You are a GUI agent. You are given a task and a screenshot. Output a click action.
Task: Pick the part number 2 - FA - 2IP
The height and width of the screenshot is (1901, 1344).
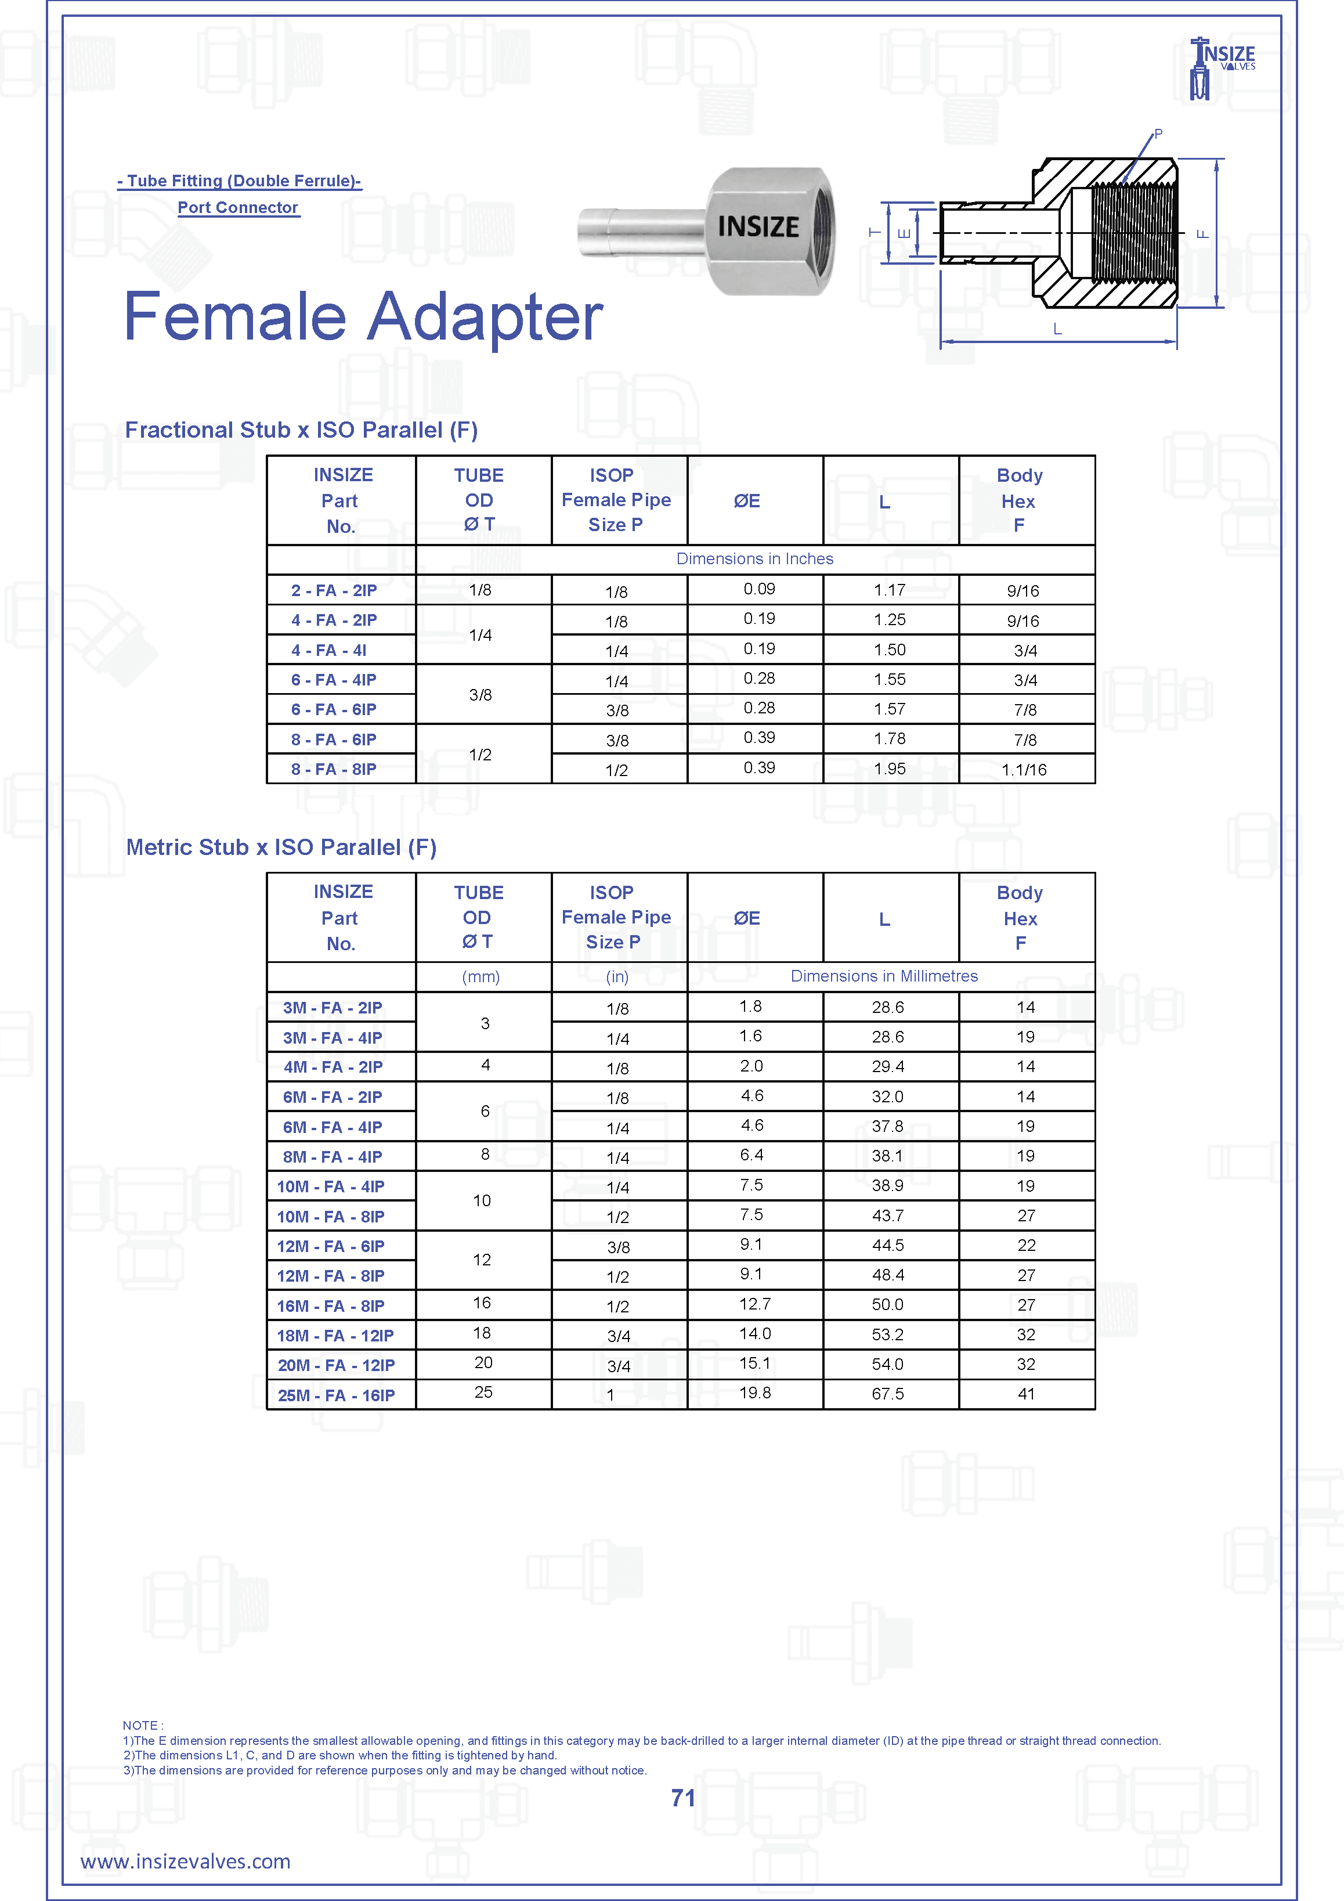coord(334,590)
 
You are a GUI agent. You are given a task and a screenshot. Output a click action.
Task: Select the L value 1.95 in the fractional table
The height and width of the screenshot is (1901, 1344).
coord(890,769)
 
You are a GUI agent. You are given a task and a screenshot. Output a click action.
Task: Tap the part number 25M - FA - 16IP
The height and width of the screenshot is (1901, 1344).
coord(336,1395)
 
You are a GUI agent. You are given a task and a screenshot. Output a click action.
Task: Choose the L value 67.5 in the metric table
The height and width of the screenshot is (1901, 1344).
coord(887,1394)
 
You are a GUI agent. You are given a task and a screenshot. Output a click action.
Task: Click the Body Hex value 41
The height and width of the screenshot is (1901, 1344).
coord(1026,1394)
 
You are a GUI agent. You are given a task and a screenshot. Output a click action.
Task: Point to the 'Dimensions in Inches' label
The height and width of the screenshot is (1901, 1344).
coord(755,559)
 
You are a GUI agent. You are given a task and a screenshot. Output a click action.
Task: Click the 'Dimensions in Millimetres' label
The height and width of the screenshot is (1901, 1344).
coord(884,976)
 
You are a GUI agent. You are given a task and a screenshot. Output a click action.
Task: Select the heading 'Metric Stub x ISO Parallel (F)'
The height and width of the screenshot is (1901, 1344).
coord(281,847)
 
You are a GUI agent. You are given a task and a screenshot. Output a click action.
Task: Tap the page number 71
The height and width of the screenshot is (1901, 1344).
coord(683,1798)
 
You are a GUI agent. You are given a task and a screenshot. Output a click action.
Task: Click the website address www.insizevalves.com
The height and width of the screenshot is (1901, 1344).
coord(185,1862)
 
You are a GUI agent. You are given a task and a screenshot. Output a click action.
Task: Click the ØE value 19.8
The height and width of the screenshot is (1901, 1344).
coord(755,1393)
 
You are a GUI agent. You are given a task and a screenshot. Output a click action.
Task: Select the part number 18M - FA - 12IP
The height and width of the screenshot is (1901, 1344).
coord(335,1336)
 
